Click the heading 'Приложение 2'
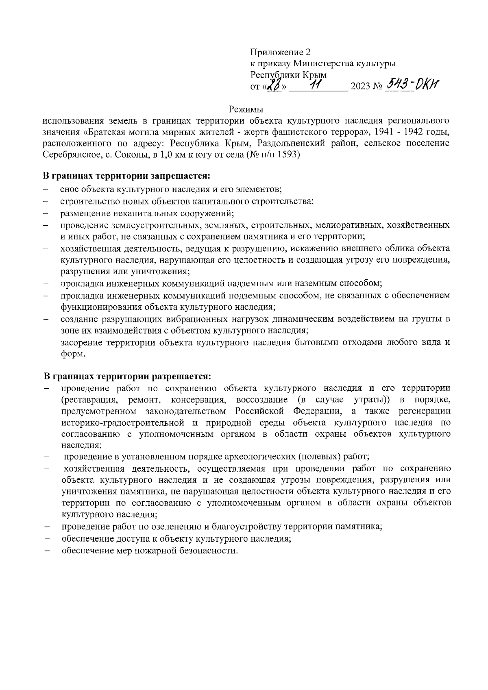coord(280,52)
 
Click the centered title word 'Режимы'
coord(246,109)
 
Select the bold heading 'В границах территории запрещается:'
coord(127,176)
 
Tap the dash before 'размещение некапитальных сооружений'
coord(46,213)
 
